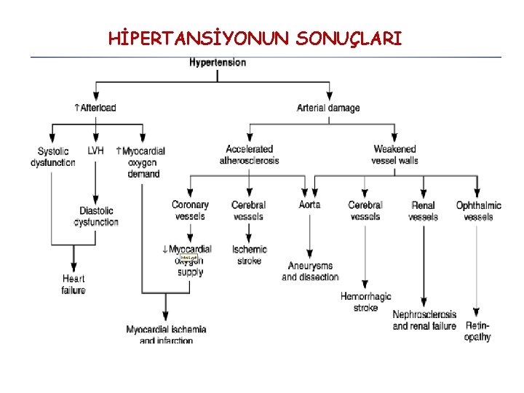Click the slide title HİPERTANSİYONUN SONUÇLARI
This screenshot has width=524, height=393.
(255, 37)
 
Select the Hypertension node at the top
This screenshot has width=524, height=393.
(218, 63)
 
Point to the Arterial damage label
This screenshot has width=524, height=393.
(328, 108)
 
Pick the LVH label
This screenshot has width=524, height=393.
(95, 151)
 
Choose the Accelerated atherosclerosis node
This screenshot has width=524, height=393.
(249, 155)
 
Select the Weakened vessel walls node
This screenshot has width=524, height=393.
(394, 155)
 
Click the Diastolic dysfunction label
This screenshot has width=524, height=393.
(96, 216)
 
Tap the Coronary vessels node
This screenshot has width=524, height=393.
(190, 210)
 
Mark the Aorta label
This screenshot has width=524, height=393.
(309, 205)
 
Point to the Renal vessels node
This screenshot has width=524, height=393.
(423, 211)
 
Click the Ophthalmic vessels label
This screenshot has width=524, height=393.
(478, 211)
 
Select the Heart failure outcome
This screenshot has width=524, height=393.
(74, 285)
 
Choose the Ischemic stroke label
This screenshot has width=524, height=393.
(250, 255)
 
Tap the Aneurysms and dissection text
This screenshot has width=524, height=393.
(310, 271)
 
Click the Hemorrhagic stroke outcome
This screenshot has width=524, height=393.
(365, 302)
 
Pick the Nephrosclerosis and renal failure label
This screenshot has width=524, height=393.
(424, 320)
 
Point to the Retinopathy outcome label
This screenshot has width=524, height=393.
(477, 332)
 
